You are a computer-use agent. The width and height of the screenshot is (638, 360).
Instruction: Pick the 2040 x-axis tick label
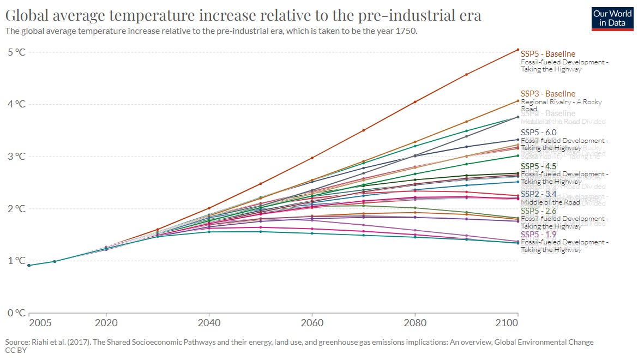pos(209,323)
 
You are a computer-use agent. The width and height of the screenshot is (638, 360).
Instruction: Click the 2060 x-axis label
pos(312,323)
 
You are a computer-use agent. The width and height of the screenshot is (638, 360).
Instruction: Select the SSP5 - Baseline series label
pos(547,54)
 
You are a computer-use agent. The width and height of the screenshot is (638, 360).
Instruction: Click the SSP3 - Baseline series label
pos(547,94)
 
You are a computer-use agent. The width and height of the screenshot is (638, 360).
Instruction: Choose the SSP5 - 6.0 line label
pos(538,133)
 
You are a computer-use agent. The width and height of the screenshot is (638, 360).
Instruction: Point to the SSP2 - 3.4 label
pos(538,194)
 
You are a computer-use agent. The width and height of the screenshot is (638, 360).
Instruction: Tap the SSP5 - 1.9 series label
pos(538,234)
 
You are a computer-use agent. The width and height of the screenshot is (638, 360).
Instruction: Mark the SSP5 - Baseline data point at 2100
pos(517,50)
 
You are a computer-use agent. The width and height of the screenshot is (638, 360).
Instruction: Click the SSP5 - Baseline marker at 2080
pos(415,102)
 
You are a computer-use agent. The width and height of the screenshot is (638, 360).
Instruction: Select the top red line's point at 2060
pos(312,158)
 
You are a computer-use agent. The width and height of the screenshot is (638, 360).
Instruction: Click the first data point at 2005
pos(29,265)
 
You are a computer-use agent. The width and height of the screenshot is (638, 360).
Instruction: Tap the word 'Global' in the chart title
pos(32,15)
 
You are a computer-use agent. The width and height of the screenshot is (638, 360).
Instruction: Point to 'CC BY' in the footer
pos(16,350)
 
